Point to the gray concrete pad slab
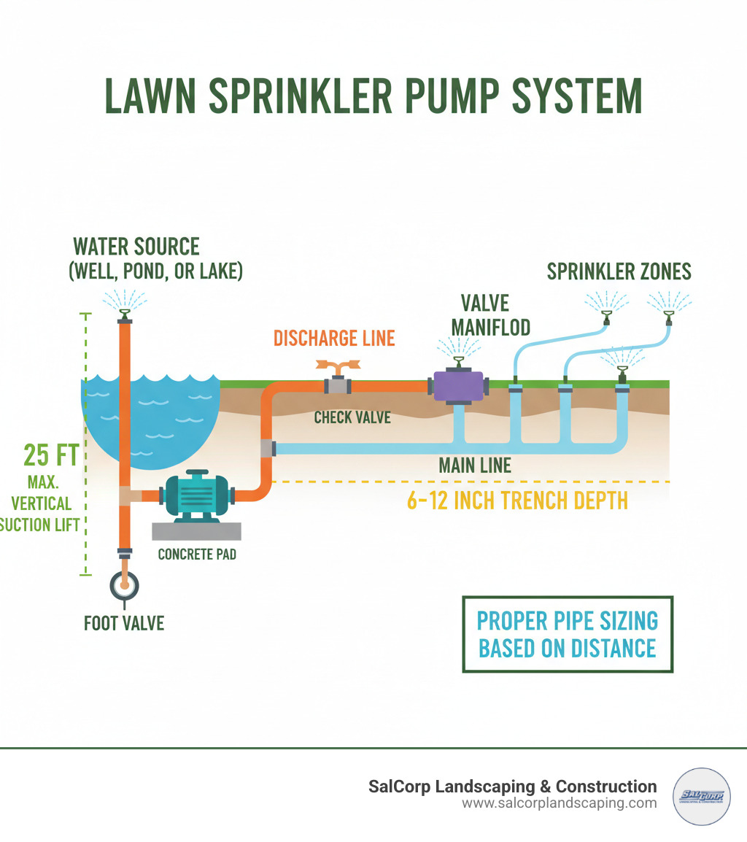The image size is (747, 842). pyautogui.click(x=196, y=530)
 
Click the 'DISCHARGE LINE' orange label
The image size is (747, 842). pyautogui.click(x=334, y=339)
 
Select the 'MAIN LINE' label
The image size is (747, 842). pyautogui.click(x=475, y=466)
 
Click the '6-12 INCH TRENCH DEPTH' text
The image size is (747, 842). pyautogui.click(x=516, y=501)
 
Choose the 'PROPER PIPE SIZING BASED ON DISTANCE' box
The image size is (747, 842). pyautogui.click(x=568, y=634)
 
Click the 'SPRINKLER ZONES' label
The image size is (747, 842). pyautogui.click(x=619, y=272)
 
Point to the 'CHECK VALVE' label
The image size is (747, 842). pyautogui.click(x=353, y=417)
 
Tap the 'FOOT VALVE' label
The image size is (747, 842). pyautogui.click(x=123, y=622)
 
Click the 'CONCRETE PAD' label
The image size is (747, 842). pyautogui.click(x=197, y=554)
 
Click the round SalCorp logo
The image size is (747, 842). pyautogui.click(x=703, y=796)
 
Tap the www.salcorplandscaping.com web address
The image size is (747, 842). pyautogui.click(x=560, y=803)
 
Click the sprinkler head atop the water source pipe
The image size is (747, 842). pyautogui.click(x=125, y=314)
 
